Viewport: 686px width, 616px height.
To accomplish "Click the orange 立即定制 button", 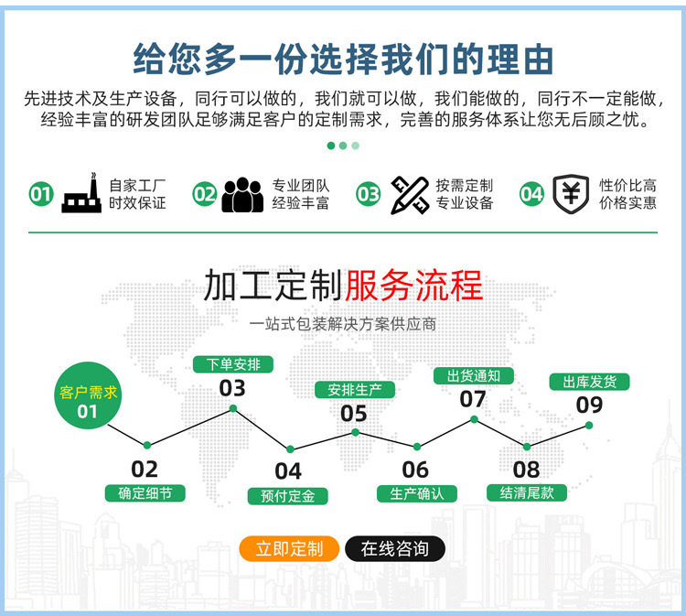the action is click(x=289, y=549).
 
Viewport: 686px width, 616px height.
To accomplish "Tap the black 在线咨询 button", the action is click(x=394, y=549).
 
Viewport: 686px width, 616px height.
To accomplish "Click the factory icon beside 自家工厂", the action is click(x=81, y=193).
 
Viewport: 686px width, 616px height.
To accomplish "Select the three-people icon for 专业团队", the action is click(x=242, y=194).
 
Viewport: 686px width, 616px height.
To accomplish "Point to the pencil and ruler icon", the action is click(x=410, y=194).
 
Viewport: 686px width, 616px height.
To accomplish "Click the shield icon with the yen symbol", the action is click(x=570, y=194).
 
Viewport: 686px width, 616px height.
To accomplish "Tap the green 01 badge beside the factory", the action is click(x=41, y=194).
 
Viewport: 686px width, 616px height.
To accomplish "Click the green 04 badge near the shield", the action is click(x=531, y=194).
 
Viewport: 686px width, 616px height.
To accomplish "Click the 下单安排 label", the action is click(x=233, y=364).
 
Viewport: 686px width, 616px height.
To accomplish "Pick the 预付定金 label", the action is click(x=288, y=496).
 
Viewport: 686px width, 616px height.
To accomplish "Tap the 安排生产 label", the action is click(x=355, y=390).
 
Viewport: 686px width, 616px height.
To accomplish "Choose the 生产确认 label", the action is click(x=416, y=493).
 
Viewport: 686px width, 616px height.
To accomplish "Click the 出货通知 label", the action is click(x=473, y=375).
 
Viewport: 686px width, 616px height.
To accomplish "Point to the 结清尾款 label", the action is click(x=527, y=492).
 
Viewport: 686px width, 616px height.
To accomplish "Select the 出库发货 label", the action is click(x=589, y=382).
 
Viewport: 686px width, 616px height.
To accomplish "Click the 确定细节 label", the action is click(x=145, y=493).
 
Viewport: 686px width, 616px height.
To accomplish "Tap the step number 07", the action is click(x=473, y=399).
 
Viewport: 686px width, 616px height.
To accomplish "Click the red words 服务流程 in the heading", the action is click(x=413, y=286).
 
